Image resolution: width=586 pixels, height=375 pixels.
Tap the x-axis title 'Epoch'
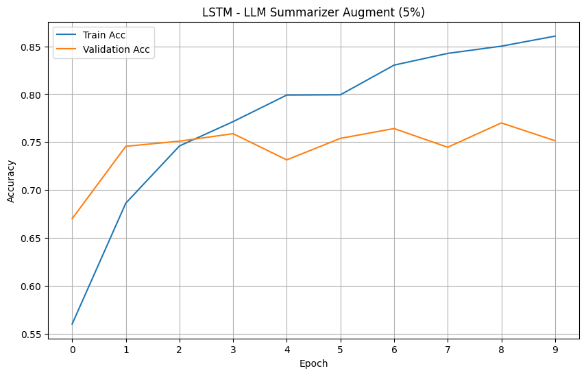point(314,363)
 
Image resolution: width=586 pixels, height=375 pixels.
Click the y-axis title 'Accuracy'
point(10,181)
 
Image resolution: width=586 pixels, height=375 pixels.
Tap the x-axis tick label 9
point(555,349)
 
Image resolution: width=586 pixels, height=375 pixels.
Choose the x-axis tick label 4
point(286,349)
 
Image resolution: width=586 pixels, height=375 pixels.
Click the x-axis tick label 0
point(72,349)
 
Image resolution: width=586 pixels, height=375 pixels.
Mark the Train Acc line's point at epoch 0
point(72,324)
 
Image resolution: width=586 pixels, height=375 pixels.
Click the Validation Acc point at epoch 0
point(72,219)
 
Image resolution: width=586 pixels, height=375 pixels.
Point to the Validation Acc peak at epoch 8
point(502,123)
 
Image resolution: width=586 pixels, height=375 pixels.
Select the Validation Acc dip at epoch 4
point(286,160)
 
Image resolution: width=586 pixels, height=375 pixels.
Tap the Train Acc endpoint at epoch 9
point(555,36)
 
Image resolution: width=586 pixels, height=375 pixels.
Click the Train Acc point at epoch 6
point(394,65)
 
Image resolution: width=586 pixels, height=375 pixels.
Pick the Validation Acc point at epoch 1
point(125,146)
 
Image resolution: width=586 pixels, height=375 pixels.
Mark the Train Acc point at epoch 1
point(125,203)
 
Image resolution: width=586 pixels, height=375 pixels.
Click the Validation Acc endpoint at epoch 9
point(555,141)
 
